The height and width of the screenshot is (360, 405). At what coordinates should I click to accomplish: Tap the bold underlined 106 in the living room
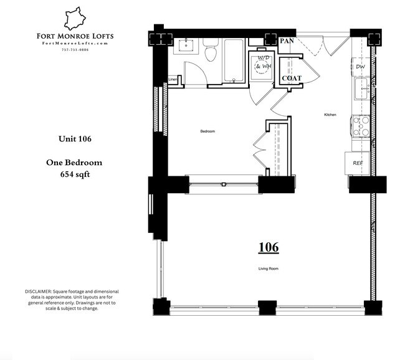(269, 247)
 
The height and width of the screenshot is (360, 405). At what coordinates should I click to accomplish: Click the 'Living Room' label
(269, 269)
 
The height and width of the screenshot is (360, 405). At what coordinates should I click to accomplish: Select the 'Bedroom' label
(207, 131)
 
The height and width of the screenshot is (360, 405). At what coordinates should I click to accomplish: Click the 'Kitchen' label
(330, 115)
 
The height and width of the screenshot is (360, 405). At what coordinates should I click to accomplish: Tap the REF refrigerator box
(358, 163)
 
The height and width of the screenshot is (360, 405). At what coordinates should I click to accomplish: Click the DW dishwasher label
(360, 67)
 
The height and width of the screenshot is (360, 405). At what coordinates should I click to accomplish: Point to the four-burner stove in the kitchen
(361, 127)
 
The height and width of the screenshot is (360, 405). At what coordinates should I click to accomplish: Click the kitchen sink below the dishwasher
(361, 88)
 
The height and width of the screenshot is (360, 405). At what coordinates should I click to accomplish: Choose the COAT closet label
(292, 78)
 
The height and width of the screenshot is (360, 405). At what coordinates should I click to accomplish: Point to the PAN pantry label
(287, 41)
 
